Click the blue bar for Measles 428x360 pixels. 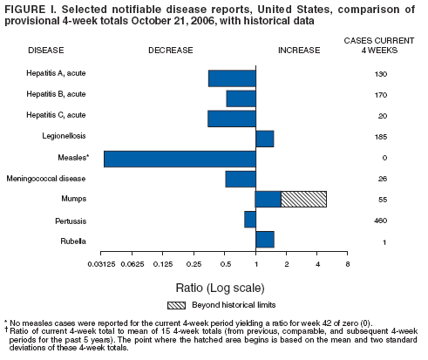click(x=180, y=159)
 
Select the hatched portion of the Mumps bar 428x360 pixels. click(x=303, y=199)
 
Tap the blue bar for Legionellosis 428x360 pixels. click(x=265, y=138)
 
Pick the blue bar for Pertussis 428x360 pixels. click(x=250, y=220)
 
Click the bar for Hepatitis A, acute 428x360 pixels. click(x=232, y=78)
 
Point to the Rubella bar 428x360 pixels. click(x=265, y=240)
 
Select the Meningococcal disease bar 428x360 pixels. click(x=241, y=179)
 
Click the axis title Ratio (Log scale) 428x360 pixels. click(x=224, y=285)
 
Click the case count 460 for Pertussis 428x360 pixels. click(x=380, y=221)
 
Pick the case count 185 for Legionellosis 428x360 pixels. click(x=380, y=137)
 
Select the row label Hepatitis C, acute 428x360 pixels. click(x=56, y=115)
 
